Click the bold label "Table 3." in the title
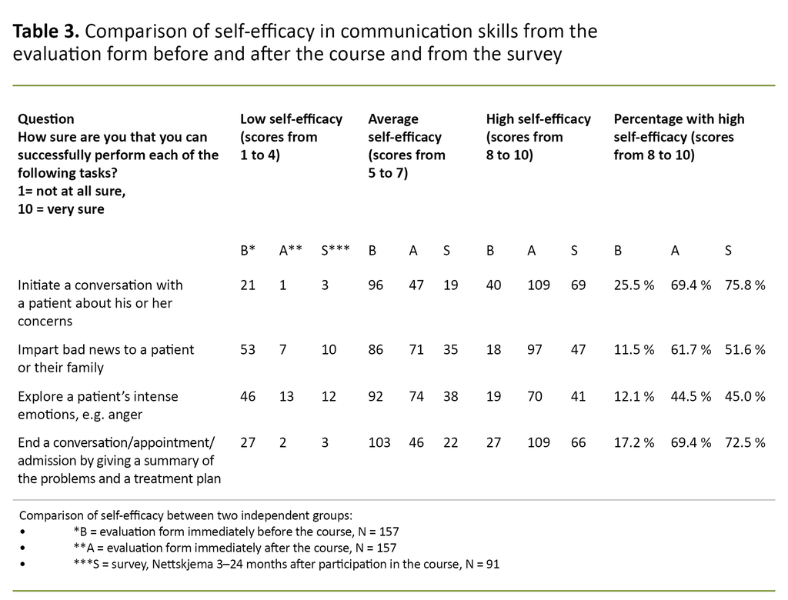(46, 32)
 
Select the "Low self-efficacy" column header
(291, 119)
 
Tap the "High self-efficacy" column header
(538, 119)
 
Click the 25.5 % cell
(633, 285)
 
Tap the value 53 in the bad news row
(248, 350)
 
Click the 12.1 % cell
(633, 397)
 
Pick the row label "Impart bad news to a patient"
(105, 350)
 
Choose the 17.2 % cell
(633, 442)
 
